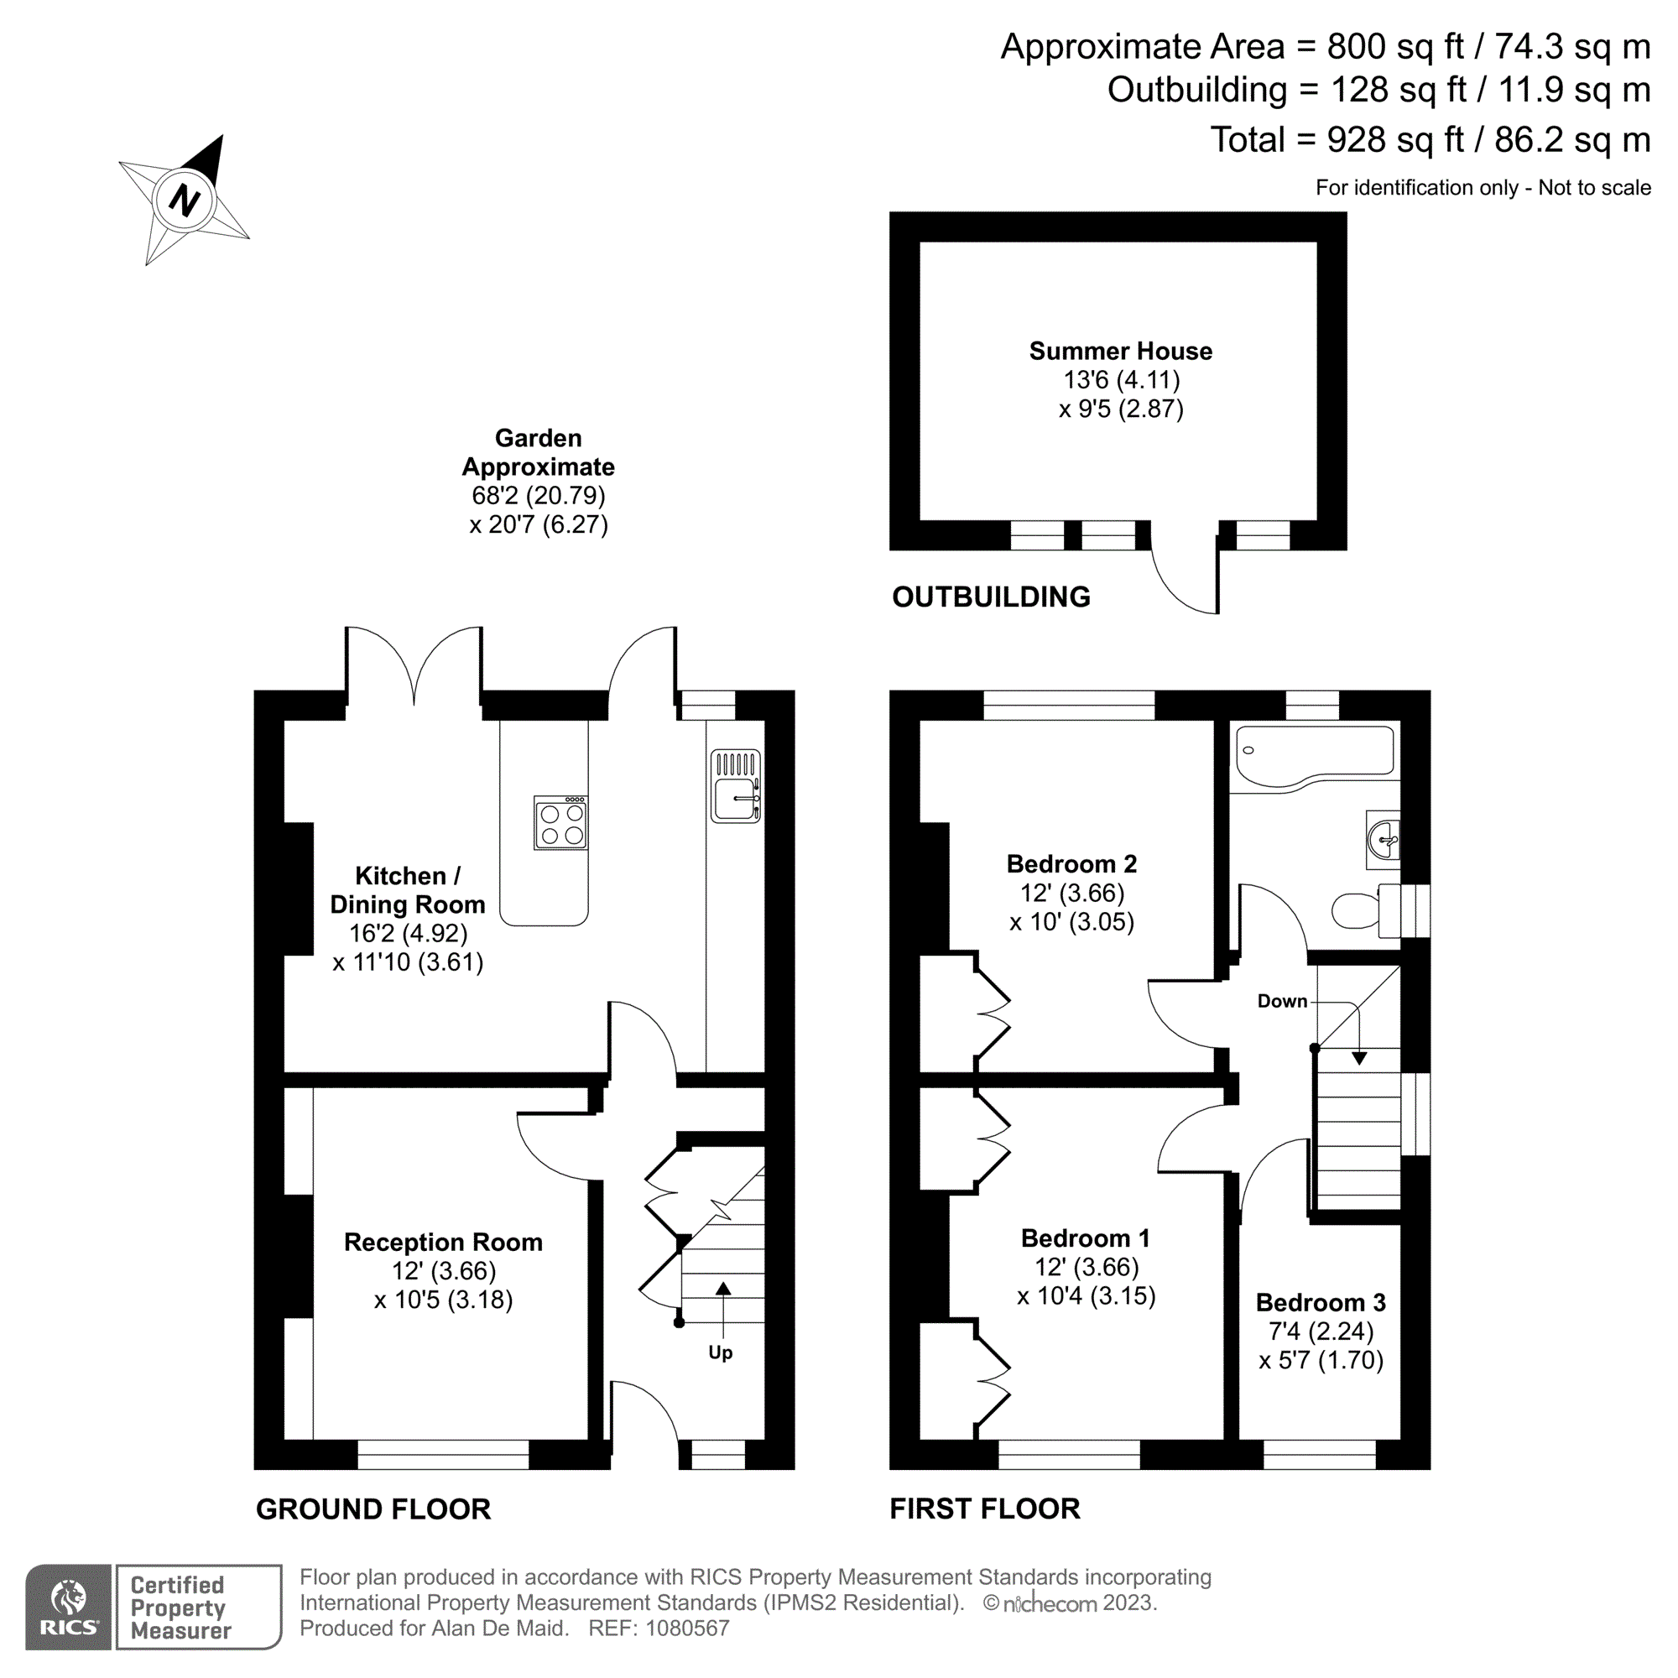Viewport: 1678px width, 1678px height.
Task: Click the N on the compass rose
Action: [x=184, y=200]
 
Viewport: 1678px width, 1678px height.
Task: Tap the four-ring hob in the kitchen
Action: [x=561, y=823]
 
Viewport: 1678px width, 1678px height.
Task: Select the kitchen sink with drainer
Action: [x=736, y=787]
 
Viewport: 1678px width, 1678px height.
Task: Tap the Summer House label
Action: [x=1120, y=351]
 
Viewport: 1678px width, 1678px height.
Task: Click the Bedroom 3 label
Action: [x=1320, y=1303]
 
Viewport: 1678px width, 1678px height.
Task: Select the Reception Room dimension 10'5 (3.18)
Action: [x=443, y=1300]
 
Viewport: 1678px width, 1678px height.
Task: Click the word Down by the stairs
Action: [x=1282, y=1002]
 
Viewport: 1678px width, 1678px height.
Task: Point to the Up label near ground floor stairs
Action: [x=720, y=1353]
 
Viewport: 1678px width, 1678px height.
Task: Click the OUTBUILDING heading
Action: [x=991, y=597]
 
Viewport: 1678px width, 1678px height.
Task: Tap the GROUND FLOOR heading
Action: [x=373, y=1509]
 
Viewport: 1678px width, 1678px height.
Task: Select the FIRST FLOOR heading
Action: [x=985, y=1509]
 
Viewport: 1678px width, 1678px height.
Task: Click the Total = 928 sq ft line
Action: [x=1430, y=140]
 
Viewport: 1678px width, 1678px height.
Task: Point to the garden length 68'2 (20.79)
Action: [x=538, y=495]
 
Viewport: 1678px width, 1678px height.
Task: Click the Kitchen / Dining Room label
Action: [x=408, y=889]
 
